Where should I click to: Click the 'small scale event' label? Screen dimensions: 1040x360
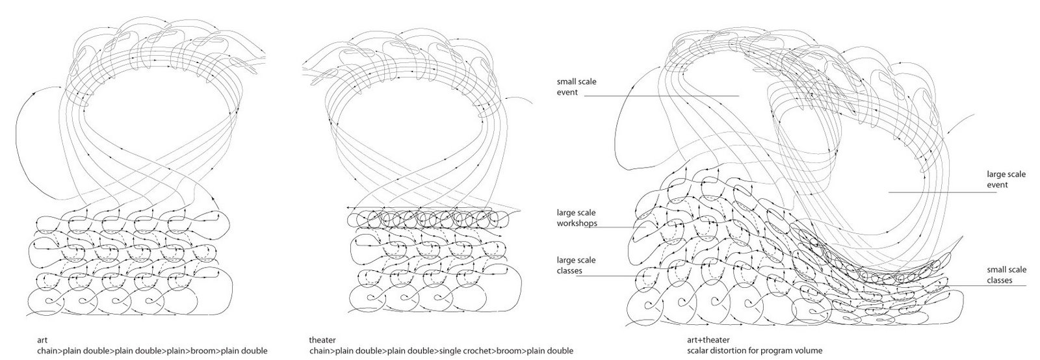click(577, 87)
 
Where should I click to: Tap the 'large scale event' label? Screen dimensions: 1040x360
click(1006, 179)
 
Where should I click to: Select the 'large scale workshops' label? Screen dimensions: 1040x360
click(577, 218)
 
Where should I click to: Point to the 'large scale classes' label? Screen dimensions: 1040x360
click(576, 265)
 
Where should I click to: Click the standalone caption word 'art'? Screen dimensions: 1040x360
click(42, 340)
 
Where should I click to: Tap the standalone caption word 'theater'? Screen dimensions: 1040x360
click(322, 340)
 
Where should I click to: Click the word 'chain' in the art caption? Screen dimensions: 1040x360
click(47, 351)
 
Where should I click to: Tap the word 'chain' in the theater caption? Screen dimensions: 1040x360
click(319, 351)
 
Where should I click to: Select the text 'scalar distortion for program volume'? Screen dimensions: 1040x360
click(755, 351)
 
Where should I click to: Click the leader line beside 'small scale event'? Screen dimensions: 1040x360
click(661, 96)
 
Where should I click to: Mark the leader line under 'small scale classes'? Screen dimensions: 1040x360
click(986, 285)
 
